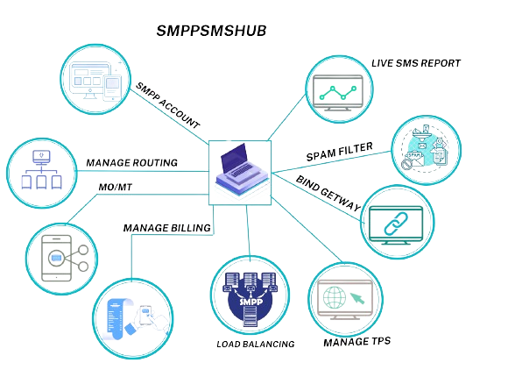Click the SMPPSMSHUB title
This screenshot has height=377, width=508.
(x=211, y=31)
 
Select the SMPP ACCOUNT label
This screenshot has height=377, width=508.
(x=167, y=105)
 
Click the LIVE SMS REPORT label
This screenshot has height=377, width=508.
(x=416, y=63)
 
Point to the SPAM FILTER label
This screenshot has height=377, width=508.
(x=339, y=152)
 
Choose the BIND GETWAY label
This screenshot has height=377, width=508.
(x=328, y=193)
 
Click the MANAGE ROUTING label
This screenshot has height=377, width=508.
(x=132, y=162)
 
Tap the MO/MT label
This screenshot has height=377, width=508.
(x=116, y=188)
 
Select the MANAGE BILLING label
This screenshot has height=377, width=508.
(x=166, y=228)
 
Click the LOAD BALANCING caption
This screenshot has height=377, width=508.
(x=255, y=344)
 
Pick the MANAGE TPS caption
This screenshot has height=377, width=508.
(x=357, y=342)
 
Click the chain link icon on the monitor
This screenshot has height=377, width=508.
(x=396, y=224)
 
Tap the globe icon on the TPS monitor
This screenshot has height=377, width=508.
(x=335, y=297)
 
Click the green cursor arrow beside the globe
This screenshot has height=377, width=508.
(x=357, y=298)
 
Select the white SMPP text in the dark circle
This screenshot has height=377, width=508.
(x=251, y=302)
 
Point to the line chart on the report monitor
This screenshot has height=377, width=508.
(x=337, y=93)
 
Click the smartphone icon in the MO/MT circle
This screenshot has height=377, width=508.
(x=56, y=259)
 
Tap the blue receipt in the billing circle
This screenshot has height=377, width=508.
(x=117, y=319)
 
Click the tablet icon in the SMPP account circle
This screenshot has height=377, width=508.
(x=112, y=88)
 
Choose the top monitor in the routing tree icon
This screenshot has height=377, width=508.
(x=41, y=157)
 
